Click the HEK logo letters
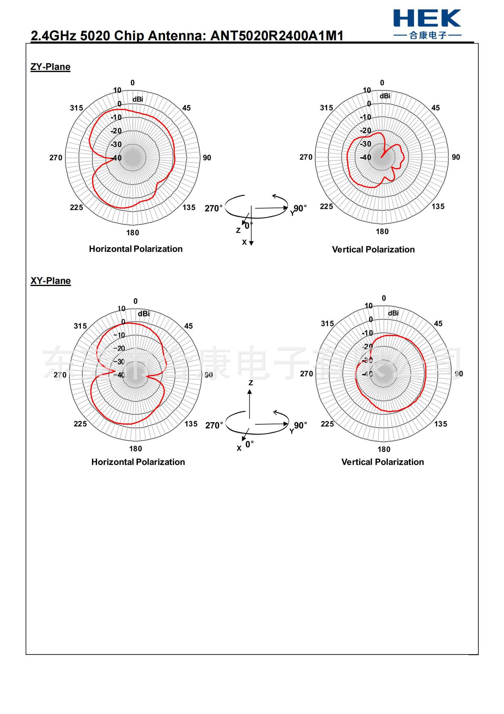(427, 19)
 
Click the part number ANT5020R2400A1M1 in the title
(277, 36)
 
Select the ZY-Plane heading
(51, 67)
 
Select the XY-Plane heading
(51, 281)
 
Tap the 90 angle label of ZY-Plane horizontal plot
(207, 158)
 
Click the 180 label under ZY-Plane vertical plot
(382, 231)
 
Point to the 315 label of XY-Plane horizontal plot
(80, 326)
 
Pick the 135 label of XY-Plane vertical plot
(440, 424)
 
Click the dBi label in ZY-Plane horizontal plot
(138, 99)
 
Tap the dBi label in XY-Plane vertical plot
(393, 313)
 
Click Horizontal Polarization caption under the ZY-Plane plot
(136, 249)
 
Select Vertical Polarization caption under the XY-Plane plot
(383, 462)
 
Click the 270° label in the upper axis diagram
(214, 208)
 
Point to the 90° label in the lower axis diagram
(300, 425)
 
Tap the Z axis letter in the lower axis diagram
(251, 383)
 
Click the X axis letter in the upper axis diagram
(244, 242)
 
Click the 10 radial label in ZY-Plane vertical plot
(367, 90)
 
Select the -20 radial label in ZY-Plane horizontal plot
(116, 131)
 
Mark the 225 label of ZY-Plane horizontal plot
(77, 208)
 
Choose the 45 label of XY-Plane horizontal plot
(189, 326)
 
